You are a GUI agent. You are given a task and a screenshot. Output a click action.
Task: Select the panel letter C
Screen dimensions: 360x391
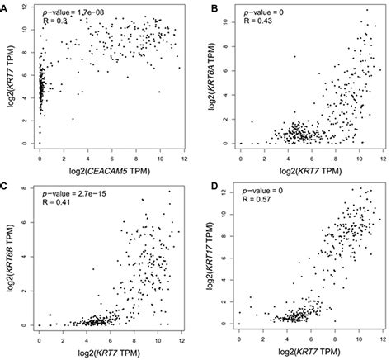(5, 187)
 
